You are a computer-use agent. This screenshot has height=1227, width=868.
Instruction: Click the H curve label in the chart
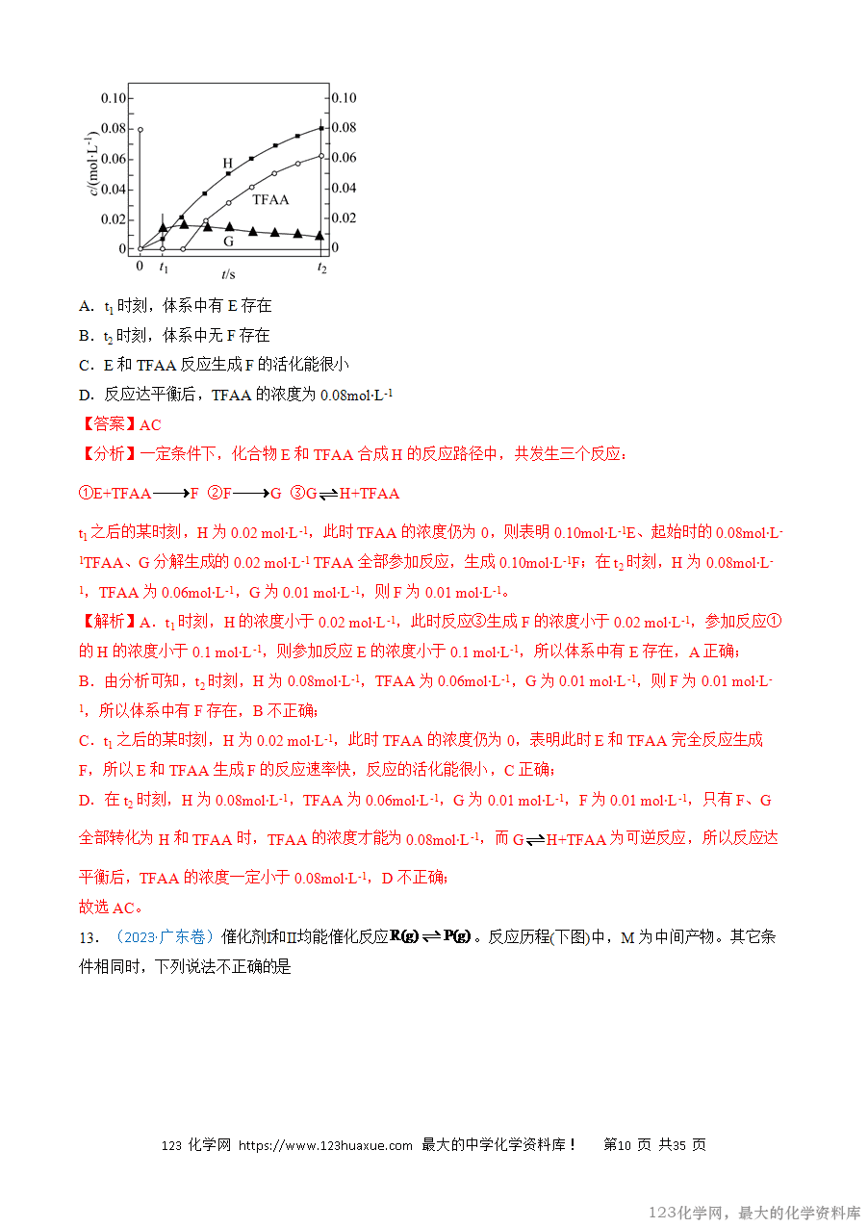coord(228,164)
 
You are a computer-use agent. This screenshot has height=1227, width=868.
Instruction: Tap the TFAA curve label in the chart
coord(270,200)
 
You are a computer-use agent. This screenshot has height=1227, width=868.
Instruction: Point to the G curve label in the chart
coord(229,241)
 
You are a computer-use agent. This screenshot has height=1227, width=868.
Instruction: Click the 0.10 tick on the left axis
coord(114,98)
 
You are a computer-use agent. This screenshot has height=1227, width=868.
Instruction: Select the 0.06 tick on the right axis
coord(344,158)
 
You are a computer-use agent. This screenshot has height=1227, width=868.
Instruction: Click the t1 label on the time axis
coord(164,267)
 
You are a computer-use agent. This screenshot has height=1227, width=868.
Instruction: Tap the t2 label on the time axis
coord(321,268)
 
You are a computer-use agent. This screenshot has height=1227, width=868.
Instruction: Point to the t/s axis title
coord(227,273)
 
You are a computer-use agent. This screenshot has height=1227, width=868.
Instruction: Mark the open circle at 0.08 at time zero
coord(140,129)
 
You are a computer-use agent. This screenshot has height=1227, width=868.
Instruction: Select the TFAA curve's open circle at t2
coord(321,156)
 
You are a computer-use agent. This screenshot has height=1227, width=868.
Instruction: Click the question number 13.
coord(89,937)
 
